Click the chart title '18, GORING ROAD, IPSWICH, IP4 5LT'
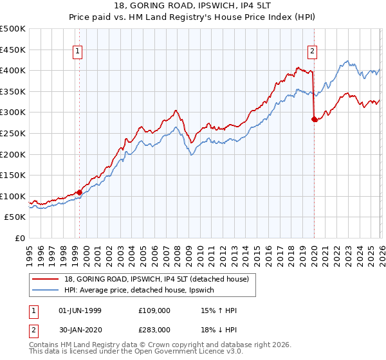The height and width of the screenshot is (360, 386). [193, 5]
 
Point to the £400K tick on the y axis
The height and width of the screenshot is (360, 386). [13, 71]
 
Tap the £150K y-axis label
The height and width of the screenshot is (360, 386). [13, 175]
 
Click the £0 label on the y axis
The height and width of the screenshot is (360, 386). [19, 238]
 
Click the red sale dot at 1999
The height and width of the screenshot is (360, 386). [79, 192]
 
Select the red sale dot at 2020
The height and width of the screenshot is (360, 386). [314, 119]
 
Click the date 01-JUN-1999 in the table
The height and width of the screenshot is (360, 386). [79, 310]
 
